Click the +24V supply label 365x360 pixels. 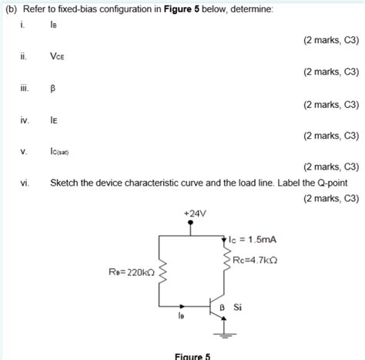pyautogui.click(x=190, y=213)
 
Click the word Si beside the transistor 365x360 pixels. pyautogui.click(x=238, y=307)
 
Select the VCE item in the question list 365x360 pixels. pyautogui.click(x=58, y=56)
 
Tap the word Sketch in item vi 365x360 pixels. pyautogui.click(x=65, y=183)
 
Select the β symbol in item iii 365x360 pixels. pyautogui.click(x=53, y=88)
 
